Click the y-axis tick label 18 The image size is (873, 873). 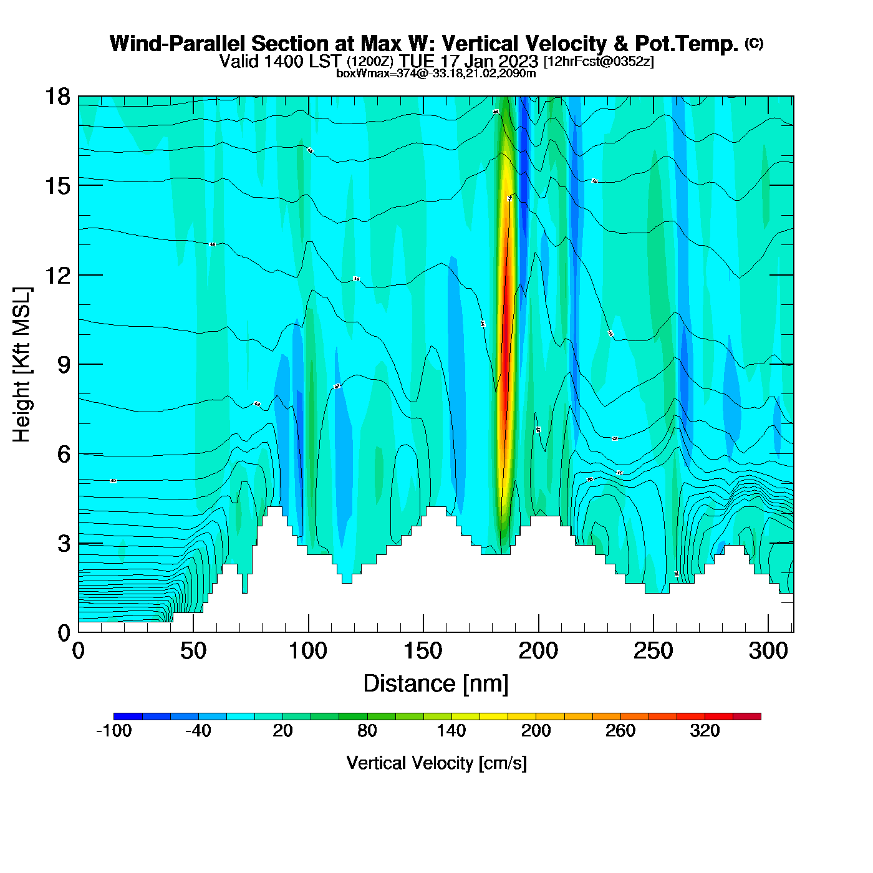[x=57, y=97]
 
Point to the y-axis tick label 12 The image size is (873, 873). [x=57, y=275]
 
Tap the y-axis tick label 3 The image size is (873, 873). [x=64, y=544]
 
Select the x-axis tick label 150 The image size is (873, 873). [x=423, y=652]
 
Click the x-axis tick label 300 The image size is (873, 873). [x=768, y=652]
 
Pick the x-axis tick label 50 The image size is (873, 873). [x=193, y=652]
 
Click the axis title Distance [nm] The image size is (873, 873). [x=436, y=684]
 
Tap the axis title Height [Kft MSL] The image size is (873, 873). [x=22, y=365]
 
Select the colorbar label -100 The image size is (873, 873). [x=114, y=731]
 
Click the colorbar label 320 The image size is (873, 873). [x=705, y=731]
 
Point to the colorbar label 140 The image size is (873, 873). [x=451, y=731]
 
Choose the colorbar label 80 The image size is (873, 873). [x=367, y=731]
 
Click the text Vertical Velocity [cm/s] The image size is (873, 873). [x=436, y=763]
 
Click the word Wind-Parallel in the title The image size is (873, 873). [x=178, y=44]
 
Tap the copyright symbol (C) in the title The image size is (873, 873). [x=754, y=43]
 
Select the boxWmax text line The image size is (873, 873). [x=436, y=73]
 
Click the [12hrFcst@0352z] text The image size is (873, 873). [x=599, y=62]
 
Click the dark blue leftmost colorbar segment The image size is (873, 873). [x=128, y=716]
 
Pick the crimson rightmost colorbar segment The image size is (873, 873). [x=747, y=716]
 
